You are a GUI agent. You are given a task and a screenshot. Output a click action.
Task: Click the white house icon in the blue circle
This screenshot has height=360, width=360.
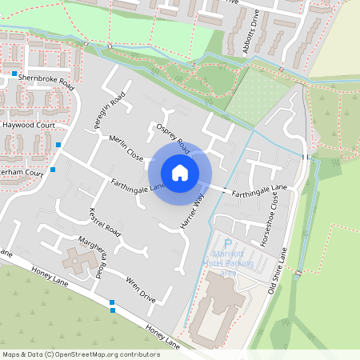pyautogui.click(x=180, y=172)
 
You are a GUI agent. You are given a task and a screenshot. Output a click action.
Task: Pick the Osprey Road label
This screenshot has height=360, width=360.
pyautogui.click(x=173, y=137)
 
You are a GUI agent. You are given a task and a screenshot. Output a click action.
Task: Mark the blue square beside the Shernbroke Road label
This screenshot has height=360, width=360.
pyautogui.click(x=14, y=74)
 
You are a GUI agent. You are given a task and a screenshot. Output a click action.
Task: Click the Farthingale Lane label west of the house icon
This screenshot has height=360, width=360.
pyautogui.click(x=138, y=186)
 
